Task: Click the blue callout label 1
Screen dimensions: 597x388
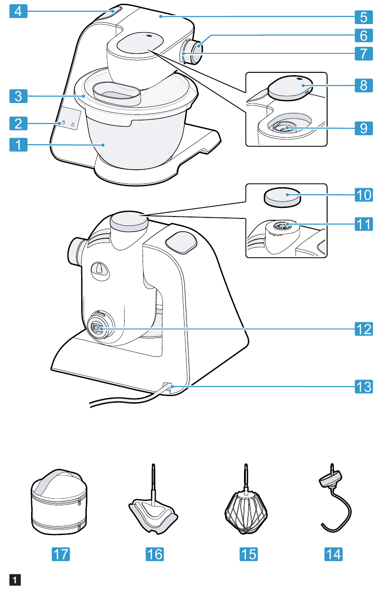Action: point(18,145)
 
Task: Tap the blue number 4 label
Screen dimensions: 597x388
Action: point(18,11)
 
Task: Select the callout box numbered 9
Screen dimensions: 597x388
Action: point(363,128)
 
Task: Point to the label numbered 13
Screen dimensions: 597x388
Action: point(363,386)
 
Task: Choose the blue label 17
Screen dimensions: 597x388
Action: point(60,554)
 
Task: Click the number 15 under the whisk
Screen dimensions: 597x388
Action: point(249,554)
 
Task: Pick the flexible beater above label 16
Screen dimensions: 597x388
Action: point(153,518)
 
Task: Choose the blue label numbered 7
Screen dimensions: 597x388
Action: point(363,53)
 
